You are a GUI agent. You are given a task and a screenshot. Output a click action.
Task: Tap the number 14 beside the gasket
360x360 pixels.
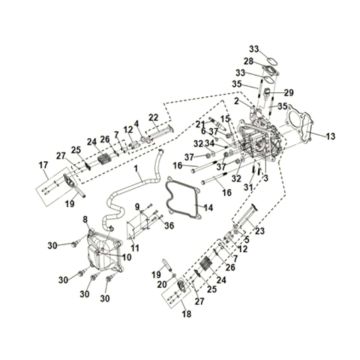point(209,208)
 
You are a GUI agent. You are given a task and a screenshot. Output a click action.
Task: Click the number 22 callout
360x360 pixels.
point(154,117)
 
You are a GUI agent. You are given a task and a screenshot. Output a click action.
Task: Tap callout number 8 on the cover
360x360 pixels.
point(85,217)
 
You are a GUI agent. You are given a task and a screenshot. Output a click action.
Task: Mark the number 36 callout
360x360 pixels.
point(170,226)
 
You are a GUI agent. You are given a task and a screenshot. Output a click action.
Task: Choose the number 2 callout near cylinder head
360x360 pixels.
point(234,102)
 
